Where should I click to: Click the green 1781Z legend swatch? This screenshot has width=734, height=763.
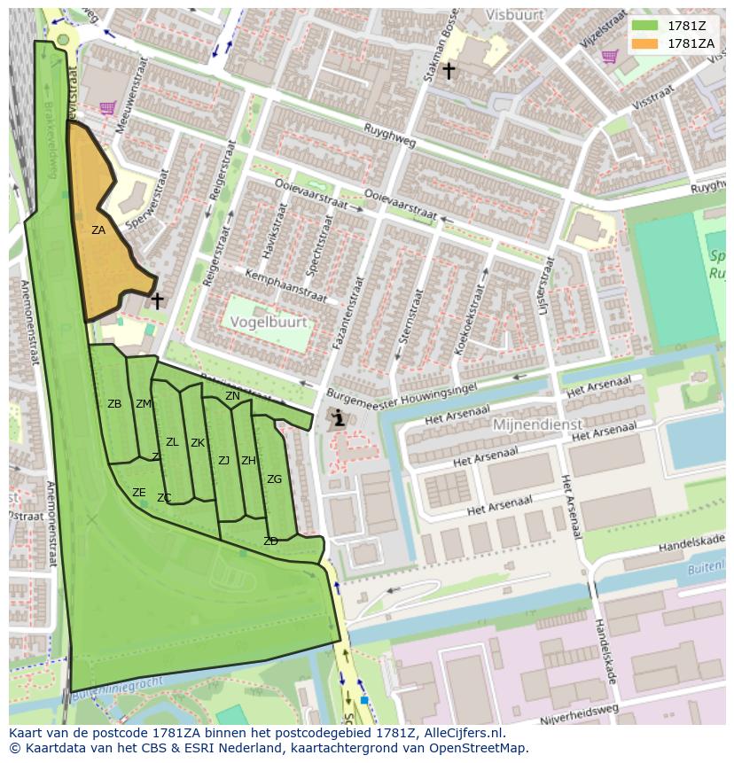[645, 26]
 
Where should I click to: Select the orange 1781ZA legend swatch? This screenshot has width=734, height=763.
[645, 43]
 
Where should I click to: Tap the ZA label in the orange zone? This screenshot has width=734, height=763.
[98, 230]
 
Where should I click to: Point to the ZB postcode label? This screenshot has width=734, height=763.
[114, 404]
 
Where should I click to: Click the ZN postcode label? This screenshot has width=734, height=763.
[232, 396]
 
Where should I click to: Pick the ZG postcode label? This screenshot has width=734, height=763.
[274, 479]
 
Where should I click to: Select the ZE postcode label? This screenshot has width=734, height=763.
[138, 493]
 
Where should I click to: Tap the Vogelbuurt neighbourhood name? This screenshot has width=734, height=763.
[270, 323]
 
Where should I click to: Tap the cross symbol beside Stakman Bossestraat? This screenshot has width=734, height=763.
[449, 70]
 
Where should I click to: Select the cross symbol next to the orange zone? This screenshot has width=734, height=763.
[157, 301]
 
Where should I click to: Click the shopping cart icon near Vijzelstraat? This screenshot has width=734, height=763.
[609, 57]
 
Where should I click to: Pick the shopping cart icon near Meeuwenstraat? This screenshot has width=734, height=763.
[107, 108]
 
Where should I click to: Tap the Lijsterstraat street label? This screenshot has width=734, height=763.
[544, 286]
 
